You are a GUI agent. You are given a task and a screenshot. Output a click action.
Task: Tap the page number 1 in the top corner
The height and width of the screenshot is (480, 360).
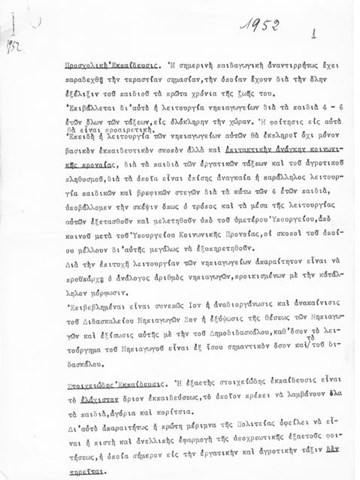[313, 34]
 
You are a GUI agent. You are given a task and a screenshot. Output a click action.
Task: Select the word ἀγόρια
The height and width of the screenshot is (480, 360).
[123, 415]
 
